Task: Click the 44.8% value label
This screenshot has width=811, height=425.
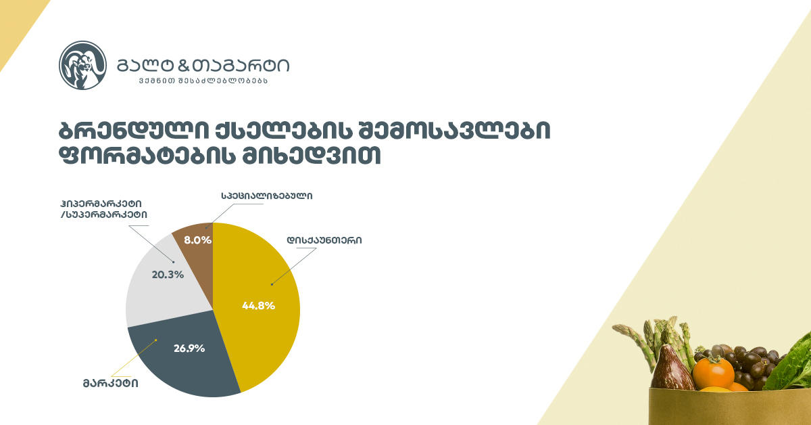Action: (258, 306)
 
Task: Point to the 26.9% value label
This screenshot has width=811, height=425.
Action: (189, 349)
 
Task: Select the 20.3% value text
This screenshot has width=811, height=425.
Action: (168, 275)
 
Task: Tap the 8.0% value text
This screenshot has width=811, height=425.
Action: (197, 240)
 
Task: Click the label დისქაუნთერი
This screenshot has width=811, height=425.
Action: (324, 240)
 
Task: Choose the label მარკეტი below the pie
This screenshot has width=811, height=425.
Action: (110, 383)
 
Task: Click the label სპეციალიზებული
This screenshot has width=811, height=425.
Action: (267, 196)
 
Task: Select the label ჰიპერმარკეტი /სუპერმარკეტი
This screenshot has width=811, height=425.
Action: (104, 209)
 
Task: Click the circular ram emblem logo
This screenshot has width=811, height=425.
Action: (83, 65)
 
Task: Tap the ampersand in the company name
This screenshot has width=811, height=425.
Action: (185, 66)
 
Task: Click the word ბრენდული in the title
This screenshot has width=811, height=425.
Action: (134, 130)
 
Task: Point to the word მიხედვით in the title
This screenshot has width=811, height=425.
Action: (311, 156)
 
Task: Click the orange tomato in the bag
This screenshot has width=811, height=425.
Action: (713, 374)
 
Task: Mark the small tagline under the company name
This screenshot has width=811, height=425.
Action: (203, 81)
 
